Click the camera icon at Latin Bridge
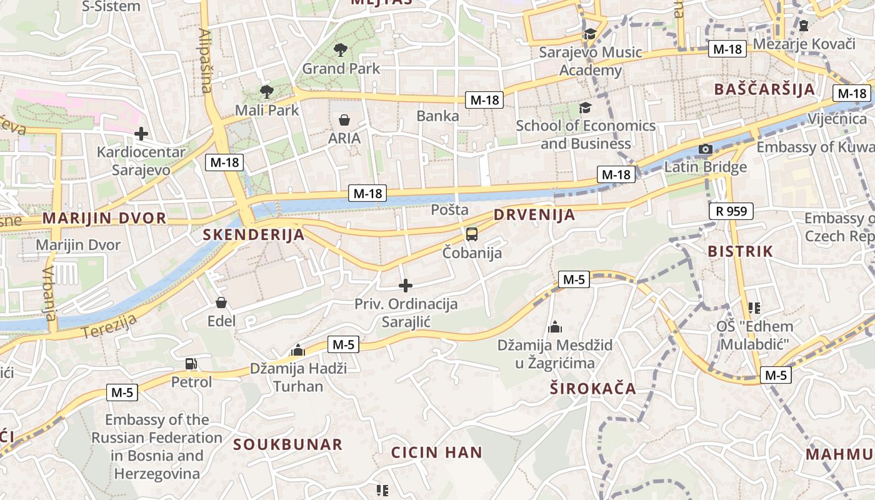[x=705, y=149]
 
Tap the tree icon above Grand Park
[x=341, y=50]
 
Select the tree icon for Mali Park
[x=267, y=92]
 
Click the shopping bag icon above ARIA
[x=344, y=119]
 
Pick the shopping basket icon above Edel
[x=221, y=303]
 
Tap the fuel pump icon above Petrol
[x=191, y=363]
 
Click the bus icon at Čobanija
[x=472, y=234]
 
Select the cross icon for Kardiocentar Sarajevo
[x=141, y=133]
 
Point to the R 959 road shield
[x=731, y=211]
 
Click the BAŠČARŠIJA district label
[x=765, y=89]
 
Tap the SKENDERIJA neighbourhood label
[x=254, y=235]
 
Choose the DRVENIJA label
[x=534, y=215]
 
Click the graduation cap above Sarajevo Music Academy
[x=590, y=34]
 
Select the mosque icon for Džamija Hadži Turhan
[x=298, y=350]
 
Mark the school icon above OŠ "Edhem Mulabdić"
[x=754, y=307]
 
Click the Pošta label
[x=449, y=210]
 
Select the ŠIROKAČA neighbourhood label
[x=592, y=389]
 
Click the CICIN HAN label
[x=437, y=452]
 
